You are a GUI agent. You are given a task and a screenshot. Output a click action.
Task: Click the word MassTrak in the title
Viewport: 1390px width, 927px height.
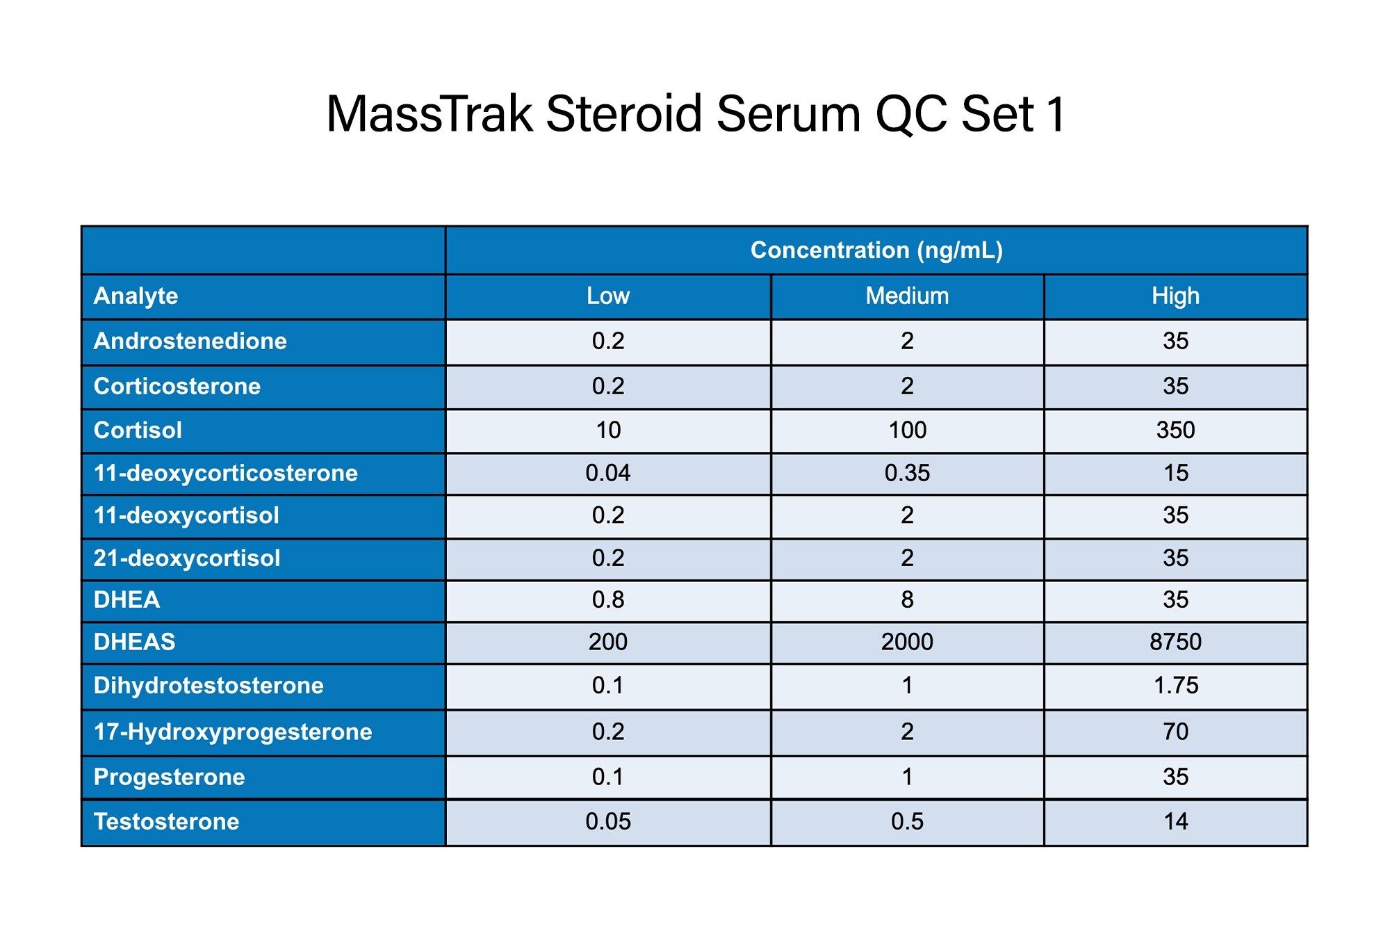pos(430,114)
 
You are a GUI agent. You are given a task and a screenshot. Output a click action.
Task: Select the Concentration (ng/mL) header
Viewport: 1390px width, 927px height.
pos(876,250)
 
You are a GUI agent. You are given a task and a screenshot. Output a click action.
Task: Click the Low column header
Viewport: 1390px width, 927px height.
pos(608,296)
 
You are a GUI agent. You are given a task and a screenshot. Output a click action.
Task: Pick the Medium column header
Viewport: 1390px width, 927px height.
pos(907,296)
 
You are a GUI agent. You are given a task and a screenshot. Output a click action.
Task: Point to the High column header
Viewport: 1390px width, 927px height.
pos(1175,296)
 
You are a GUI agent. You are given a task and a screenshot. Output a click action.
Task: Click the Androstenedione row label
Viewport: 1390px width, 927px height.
pos(190,341)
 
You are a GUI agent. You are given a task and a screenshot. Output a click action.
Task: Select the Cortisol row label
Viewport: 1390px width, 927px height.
pos(138,430)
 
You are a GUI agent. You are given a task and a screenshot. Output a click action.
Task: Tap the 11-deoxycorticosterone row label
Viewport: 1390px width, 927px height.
pos(225,474)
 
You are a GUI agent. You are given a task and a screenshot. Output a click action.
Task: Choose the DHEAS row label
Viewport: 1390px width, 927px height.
pos(134,642)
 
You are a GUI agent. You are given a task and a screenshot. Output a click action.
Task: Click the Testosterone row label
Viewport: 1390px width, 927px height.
pos(166,822)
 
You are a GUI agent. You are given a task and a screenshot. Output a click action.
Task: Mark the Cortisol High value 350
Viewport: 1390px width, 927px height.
pos(1175,430)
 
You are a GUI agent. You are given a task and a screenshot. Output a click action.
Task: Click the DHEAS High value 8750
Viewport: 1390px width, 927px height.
pos(1175,642)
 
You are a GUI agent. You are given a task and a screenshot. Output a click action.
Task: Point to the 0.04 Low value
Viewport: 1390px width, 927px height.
pos(608,474)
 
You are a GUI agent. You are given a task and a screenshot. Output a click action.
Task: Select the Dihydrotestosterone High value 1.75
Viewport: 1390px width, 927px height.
pos(1175,686)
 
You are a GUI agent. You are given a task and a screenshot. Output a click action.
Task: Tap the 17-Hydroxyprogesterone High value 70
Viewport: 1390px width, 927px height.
pos(1175,732)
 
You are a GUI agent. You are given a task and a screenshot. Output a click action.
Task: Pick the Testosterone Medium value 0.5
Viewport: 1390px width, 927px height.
pos(907,822)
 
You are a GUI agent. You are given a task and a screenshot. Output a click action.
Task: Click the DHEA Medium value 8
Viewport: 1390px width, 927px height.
pos(907,599)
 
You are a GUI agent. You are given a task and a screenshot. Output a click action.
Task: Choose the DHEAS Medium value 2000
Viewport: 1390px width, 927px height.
pos(907,642)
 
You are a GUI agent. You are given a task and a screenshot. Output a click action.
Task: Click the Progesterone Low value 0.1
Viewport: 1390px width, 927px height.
pos(608,777)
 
